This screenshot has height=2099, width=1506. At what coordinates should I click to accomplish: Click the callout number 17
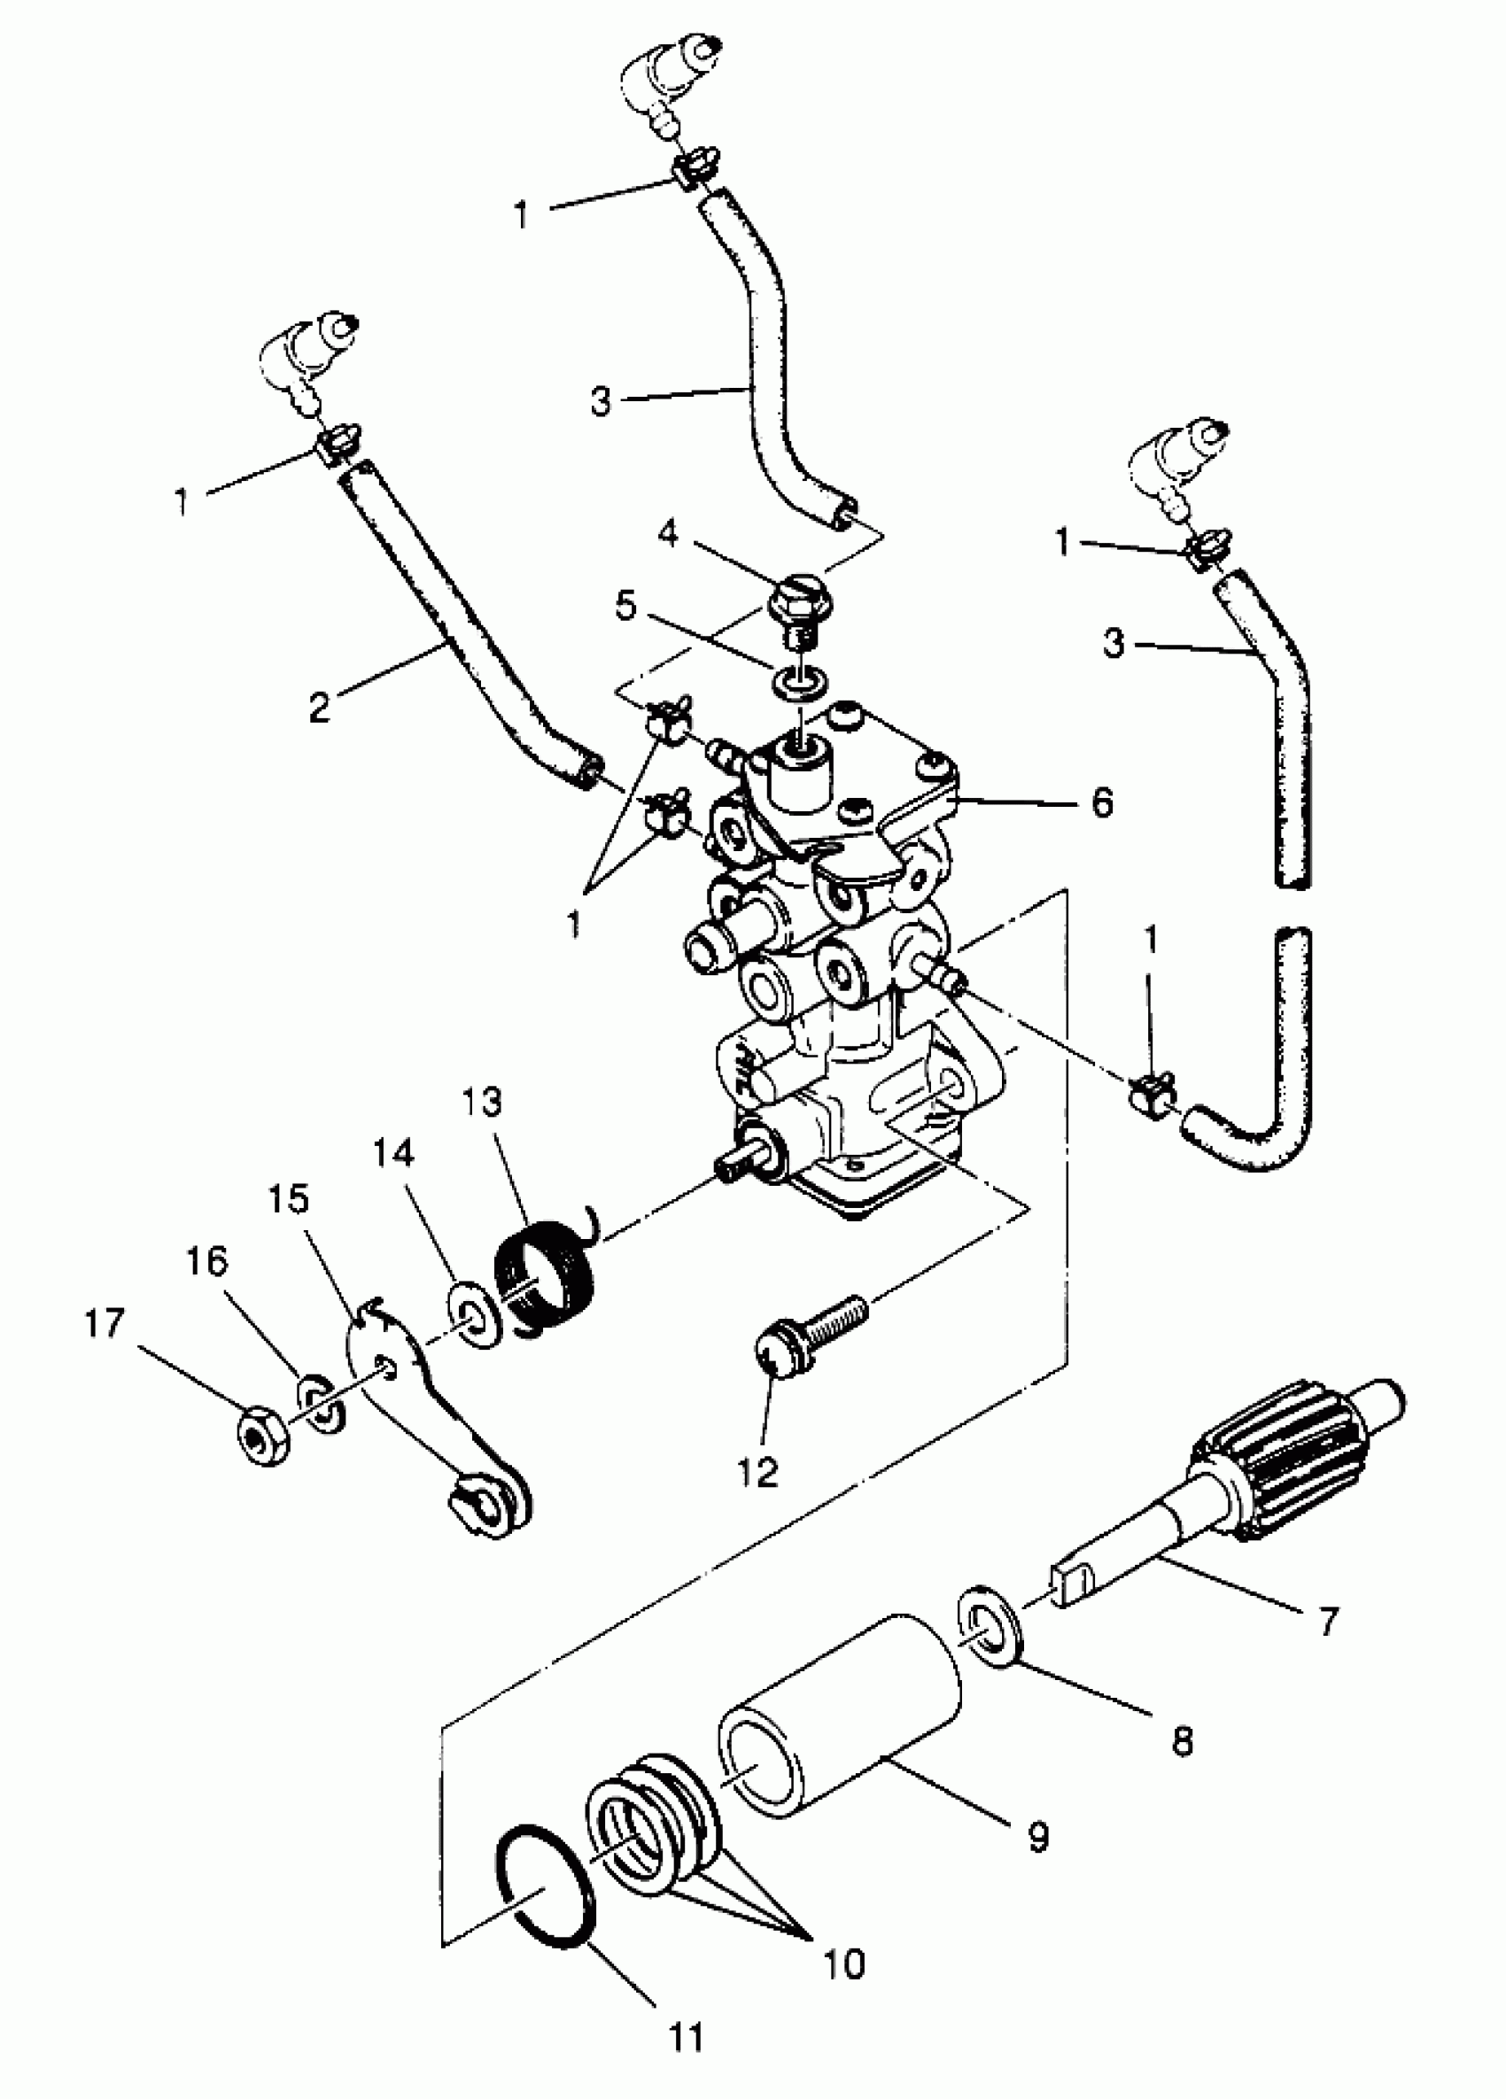coord(104,1324)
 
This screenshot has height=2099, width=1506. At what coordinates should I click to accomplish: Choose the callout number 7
coord(1328,1621)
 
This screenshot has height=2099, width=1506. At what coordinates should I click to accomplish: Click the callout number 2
coord(319,707)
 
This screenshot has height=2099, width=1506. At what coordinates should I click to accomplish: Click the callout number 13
coord(481,1103)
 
